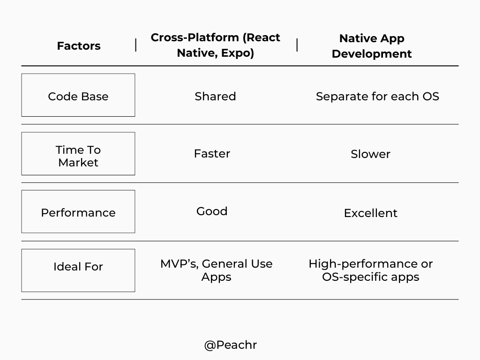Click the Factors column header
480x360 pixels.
point(79,46)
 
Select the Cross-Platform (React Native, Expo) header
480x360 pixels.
point(215,45)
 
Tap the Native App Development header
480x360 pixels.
point(371,46)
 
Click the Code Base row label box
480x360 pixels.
point(78,95)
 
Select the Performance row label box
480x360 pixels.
point(78,212)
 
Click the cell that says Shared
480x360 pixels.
point(215,96)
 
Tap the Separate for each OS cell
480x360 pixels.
point(377,96)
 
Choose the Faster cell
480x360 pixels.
point(212,154)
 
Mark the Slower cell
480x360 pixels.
point(370,154)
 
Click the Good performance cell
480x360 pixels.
point(212,211)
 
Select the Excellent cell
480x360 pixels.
point(370,213)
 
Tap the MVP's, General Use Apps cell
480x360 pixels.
point(216,270)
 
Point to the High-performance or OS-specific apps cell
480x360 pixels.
point(370,270)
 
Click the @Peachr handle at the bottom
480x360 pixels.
point(231,345)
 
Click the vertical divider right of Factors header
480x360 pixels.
point(136,45)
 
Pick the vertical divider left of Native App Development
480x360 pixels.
point(297,45)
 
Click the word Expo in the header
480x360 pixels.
point(237,53)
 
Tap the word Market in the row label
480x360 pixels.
point(78,163)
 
